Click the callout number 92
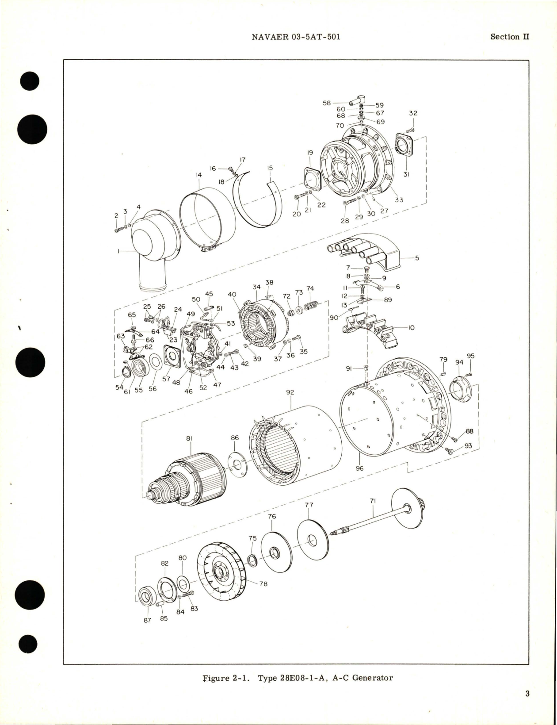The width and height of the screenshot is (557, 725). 290,392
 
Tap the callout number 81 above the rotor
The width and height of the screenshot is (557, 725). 189,438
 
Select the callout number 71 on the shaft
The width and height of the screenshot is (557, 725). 373,501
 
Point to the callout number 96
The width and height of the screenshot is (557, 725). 359,468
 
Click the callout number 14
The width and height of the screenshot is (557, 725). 198,176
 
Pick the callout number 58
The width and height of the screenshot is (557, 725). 327,103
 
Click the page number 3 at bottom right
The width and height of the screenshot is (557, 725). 527,693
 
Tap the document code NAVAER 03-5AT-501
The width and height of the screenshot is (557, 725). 296,37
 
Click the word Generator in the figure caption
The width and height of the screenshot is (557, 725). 372,678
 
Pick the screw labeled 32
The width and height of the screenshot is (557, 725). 410,129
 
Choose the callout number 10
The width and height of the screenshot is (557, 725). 411,328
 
